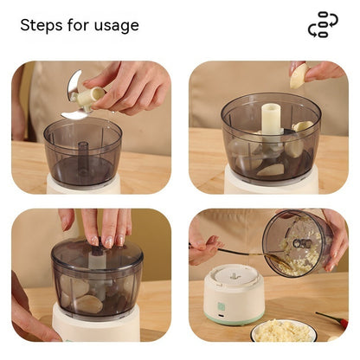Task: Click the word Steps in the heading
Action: coord(41,25)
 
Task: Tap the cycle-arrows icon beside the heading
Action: coord(323,24)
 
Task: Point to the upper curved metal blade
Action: coord(73,84)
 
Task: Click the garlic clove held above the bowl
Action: coord(299,76)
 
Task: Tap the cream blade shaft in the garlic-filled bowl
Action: coord(271,119)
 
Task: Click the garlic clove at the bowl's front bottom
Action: coord(271,170)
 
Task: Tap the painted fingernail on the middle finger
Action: coord(109,241)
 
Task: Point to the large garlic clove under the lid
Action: coord(89,304)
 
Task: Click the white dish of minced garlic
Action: coord(283,331)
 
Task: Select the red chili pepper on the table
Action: coord(332,318)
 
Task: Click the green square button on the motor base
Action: coord(221,305)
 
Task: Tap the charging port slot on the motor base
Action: coord(222,316)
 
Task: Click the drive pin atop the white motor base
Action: coord(235,277)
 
